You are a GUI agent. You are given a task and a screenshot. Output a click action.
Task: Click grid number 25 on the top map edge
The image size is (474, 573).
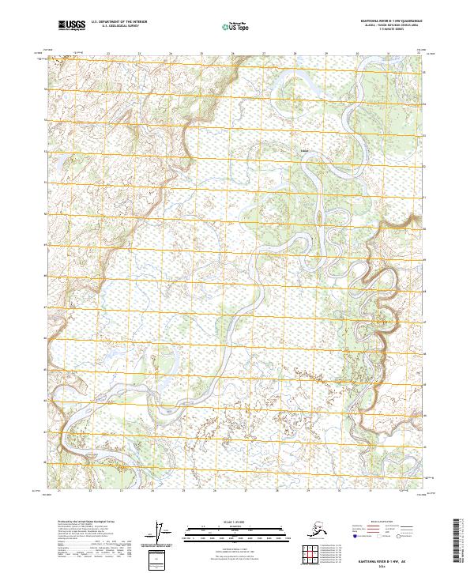[x=202, y=55]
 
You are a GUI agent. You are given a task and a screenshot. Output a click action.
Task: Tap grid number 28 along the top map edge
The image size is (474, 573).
[x=295, y=55]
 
